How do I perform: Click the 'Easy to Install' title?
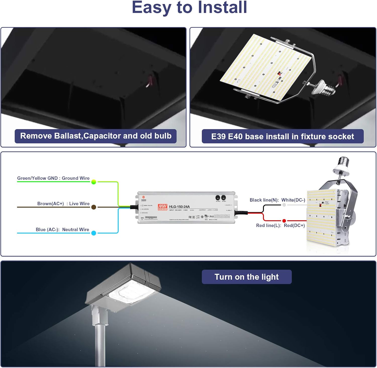(189, 8)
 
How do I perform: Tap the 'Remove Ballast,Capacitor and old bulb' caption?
(96, 136)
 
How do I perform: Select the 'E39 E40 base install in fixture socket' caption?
(282, 136)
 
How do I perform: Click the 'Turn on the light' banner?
(247, 277)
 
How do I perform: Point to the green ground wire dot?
(94, 182)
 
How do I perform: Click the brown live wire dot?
(94, 207)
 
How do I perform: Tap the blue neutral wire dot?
(94, 233)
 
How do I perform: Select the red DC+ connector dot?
(284, 221)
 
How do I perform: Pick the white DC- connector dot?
(284, 205)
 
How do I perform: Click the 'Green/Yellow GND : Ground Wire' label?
(53, 178)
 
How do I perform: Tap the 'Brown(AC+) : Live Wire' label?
(63, 203)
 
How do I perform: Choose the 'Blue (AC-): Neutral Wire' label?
(62, 229)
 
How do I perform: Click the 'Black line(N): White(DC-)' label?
(277, 200)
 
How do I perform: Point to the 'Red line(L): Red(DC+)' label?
(280, 225)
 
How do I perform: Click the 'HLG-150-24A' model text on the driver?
(179, 207)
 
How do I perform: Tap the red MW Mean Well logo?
(162, 207)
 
